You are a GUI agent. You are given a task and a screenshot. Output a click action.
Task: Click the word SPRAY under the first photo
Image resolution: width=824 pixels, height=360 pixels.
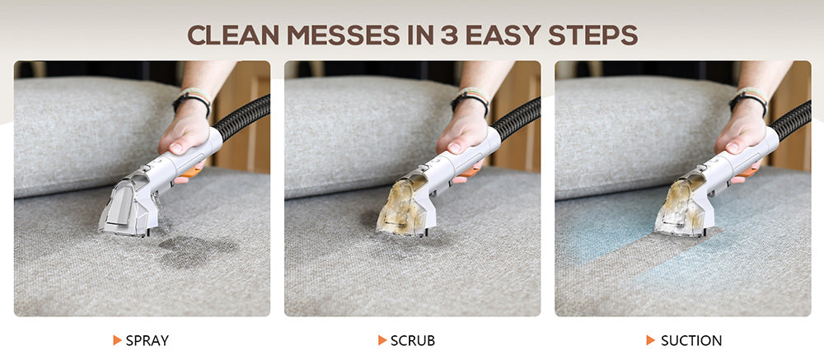[147, 340]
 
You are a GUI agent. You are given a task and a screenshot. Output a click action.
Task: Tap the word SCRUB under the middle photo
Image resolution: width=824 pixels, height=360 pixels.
[413, 340]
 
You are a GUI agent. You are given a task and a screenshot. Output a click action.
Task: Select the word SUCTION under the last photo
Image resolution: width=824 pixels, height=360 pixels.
[691, 340]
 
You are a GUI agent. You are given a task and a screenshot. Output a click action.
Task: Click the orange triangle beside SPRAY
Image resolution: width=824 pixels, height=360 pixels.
[118, 340]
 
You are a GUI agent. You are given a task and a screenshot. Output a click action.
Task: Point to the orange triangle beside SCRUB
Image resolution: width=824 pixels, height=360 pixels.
[382, 340]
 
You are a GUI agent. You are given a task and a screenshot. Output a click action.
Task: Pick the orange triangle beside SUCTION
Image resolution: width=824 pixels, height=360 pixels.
[651, 340]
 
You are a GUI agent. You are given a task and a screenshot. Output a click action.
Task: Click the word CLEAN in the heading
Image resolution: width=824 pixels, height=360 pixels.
[233, 35]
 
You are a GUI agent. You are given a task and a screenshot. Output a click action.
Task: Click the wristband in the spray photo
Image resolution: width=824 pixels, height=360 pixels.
[193, 101]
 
